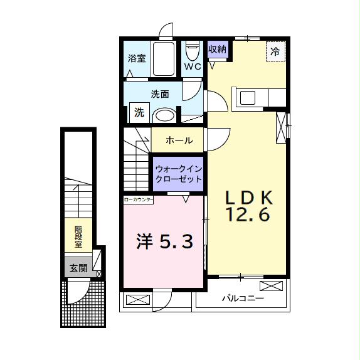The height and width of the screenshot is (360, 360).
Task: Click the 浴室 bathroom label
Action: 137,59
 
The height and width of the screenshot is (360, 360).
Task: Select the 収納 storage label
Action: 217,49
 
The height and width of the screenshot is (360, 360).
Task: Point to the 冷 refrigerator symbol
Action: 275,51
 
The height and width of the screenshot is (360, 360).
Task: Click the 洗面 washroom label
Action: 160,95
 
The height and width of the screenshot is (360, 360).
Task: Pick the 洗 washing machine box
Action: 139,113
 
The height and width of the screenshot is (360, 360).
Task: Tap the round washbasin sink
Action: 164,115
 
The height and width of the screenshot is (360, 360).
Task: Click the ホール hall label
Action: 179,140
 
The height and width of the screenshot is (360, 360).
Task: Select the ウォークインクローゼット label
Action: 179,174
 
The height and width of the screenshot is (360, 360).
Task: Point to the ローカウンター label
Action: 139,199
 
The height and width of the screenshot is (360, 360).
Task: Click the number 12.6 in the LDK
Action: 248,215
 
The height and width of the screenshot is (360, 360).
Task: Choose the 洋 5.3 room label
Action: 164,241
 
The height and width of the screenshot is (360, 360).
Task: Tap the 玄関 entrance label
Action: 78,268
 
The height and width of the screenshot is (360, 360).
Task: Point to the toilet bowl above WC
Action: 192,49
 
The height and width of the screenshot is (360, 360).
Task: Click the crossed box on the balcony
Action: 271,286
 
